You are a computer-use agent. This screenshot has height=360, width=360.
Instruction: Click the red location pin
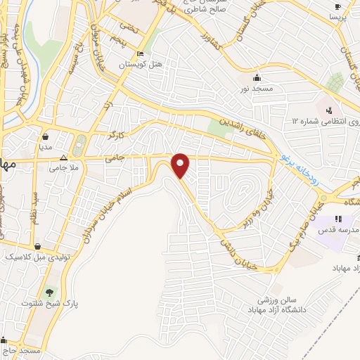coord(181,165)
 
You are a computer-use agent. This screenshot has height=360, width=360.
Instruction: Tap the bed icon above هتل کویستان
coord(140,54)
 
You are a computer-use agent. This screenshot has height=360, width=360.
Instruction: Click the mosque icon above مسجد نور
coord(257,77)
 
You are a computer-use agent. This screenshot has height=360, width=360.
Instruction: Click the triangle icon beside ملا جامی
coord(64,158)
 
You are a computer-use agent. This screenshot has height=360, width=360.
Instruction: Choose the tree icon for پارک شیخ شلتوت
coord(49,292)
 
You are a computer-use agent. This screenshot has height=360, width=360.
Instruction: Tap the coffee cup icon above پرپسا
coord(337,6)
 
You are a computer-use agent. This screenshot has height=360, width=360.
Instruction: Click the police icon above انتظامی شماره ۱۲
coord(328,110)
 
